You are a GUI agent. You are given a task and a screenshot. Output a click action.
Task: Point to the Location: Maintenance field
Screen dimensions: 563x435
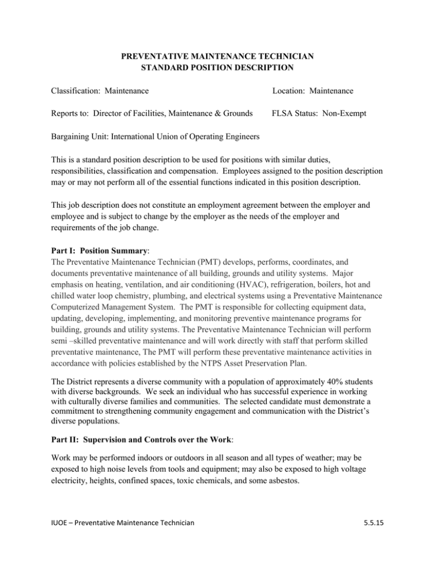tap(313, 91)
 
